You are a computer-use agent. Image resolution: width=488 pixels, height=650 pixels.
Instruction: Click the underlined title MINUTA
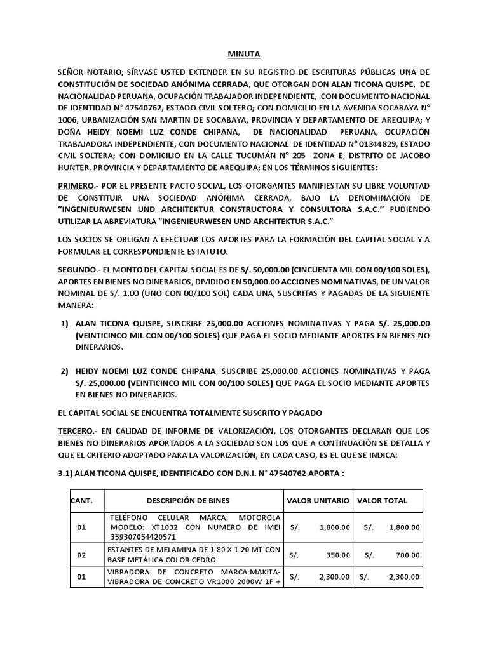click(x=243, y=55)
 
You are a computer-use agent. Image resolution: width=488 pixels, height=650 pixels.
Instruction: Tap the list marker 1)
click(x=65, y=324)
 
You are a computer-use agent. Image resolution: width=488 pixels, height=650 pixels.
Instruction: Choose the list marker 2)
click(x=65, y=371)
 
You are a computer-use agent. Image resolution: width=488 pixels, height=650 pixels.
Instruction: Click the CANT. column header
click(x=81, y=501)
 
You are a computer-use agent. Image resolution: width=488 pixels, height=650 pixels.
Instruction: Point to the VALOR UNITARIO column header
click(x=318, y=501)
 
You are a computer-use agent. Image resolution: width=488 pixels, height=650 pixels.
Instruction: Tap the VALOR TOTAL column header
click(x=382, y=501)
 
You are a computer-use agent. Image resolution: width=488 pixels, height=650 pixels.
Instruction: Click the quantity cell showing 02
click(x=81, y=555)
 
